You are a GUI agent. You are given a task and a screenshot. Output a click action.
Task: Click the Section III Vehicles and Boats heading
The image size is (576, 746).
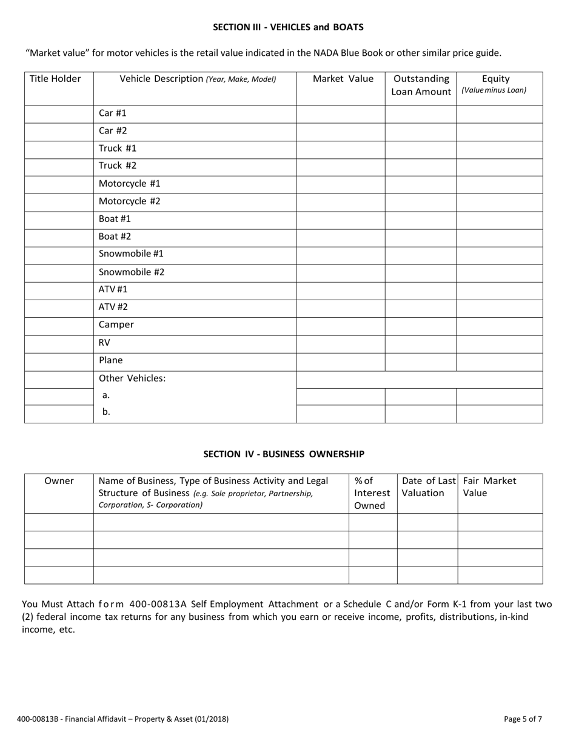[x=288, y=27]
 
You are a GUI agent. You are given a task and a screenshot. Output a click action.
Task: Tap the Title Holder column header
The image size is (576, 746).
[x=55, y=79]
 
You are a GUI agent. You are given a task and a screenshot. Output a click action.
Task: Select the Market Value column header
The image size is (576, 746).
[x=343, y=79]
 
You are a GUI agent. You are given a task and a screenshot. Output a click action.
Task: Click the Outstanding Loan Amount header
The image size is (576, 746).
[x=421, y=86]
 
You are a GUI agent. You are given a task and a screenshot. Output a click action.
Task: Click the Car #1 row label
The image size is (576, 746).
[x=113, y=113]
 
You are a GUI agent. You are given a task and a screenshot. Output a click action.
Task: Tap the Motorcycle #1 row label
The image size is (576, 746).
[x=129, y=183]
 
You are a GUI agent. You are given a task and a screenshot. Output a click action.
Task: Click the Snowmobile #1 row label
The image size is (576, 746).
[x=131, y=254]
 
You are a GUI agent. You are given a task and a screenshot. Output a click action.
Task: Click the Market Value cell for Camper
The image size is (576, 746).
[x=341, y=325]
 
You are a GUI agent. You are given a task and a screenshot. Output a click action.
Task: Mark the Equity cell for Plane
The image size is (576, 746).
[x=499, y=361]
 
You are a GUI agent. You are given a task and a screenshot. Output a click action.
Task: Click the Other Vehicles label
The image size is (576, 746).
[x=132, y=378]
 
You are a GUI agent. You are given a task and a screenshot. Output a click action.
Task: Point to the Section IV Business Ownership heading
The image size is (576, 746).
[x=284, y=454]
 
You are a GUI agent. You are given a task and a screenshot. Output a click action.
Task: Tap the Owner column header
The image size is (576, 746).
[x=59, y=482]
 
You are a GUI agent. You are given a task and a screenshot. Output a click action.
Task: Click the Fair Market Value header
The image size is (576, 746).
[x=489, y=487]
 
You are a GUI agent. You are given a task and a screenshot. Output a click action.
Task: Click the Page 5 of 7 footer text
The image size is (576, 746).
[x=523, y=719]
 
